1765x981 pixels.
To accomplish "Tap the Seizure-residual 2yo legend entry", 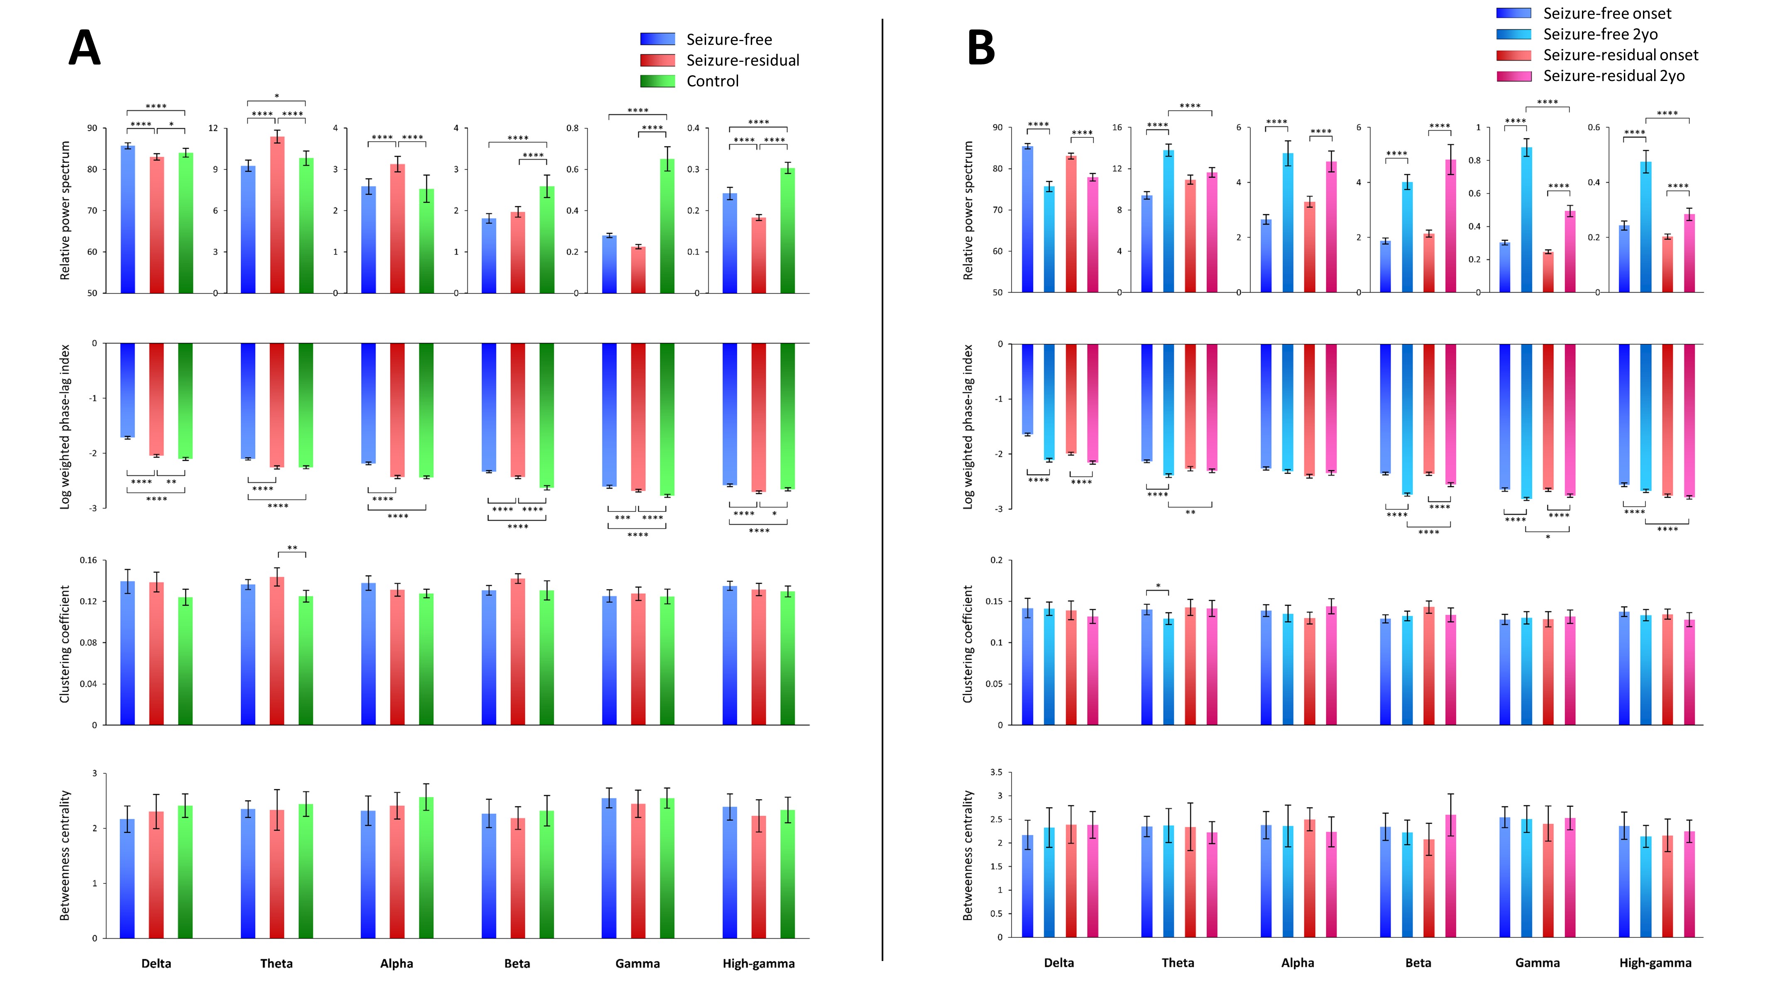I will [x=1613, y=76].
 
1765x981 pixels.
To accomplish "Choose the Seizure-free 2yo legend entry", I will [x=1600, y=34].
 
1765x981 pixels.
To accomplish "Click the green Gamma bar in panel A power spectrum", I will [x=667, y=226].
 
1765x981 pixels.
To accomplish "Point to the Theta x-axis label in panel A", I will [x=276, y=963].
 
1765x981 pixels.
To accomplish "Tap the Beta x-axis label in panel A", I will [x=517, y=963].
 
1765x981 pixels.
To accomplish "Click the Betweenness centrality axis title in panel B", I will [x=968, y=855].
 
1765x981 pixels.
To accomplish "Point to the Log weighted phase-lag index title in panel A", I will [x=64, y=426].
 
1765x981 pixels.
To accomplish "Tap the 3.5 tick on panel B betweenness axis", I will [x=995, y=772].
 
